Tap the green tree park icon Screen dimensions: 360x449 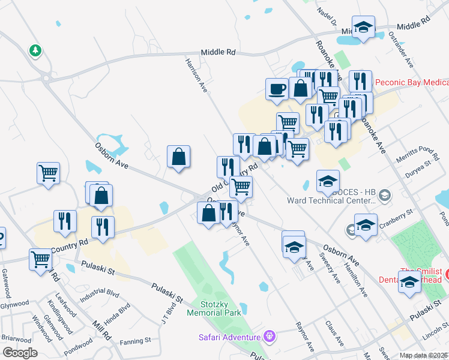[x=35, y=51]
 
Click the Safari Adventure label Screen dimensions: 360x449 [x=231, y=337]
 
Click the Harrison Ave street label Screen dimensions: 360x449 [x=196, y=75]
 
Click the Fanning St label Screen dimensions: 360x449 [x=135, y=341]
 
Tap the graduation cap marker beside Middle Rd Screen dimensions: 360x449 [x=363, y=28]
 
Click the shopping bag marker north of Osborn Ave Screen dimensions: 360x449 [x=179, y=158]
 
